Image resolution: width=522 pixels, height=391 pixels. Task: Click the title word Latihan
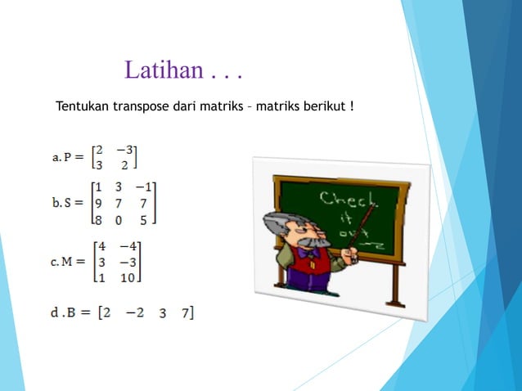162,70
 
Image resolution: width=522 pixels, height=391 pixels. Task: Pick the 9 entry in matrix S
97,202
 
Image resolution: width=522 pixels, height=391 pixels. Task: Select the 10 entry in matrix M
129,278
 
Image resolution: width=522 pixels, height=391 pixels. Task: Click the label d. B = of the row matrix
70,313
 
